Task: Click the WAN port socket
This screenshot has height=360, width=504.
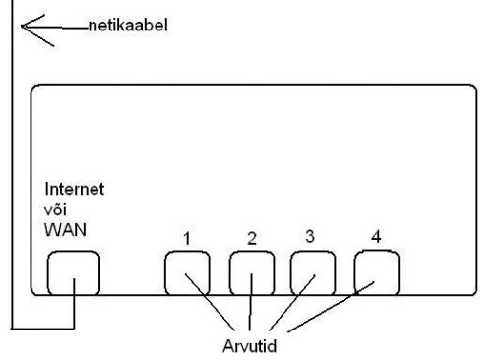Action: point(74,272)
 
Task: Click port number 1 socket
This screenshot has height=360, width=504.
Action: point(186,272)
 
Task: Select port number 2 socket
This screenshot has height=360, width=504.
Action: point(252,272)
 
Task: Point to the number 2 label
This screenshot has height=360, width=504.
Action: point(251,239)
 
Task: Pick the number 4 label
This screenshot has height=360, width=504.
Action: point(375,236)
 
